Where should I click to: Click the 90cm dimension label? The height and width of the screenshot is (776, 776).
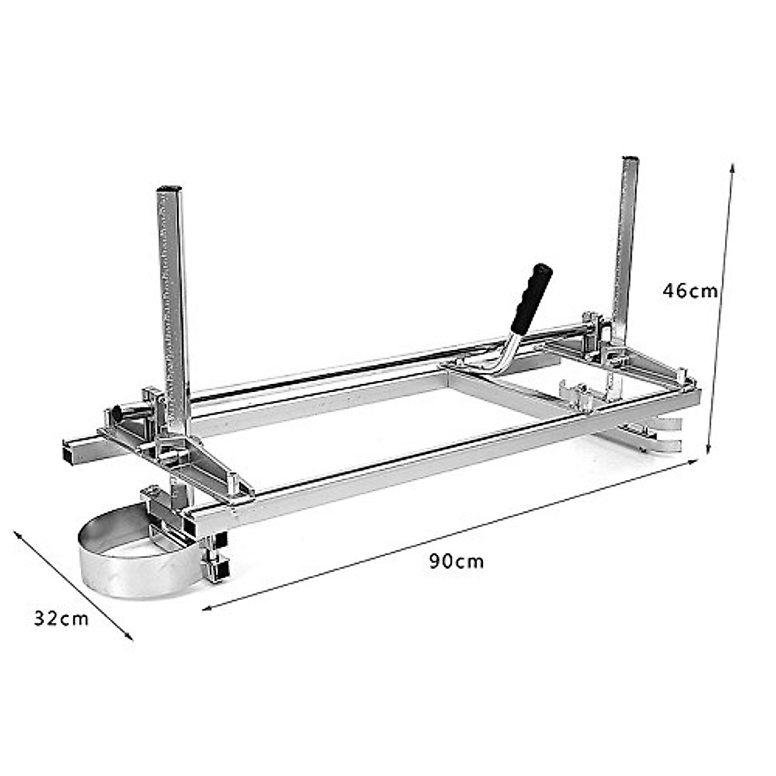(x=456, y=561)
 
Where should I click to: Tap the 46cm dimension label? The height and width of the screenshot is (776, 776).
(x=689, y=290)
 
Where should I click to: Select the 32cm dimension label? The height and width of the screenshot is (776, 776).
(x=61, y=619)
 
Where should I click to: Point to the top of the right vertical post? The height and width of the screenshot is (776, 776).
(x=630, y=158)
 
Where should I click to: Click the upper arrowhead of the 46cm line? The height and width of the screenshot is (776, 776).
(x=732, y=167)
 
